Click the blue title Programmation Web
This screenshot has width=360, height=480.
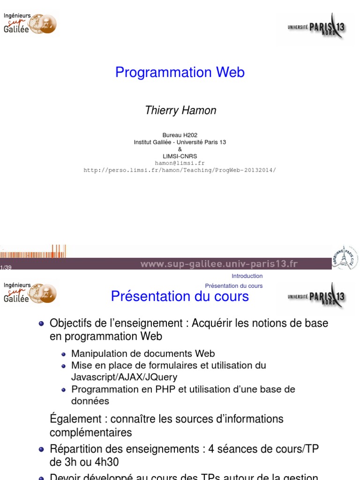(180, 72)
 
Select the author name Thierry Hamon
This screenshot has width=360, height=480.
(180, 110)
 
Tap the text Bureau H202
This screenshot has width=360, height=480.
(180, 135)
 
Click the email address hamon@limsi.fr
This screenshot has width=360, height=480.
(180, 163)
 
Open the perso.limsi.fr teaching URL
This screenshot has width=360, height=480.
(180, 170)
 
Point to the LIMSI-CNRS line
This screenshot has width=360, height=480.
(180, 156)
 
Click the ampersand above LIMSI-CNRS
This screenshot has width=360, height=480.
(180, 149)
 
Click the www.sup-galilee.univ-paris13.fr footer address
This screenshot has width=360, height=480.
(219, 264)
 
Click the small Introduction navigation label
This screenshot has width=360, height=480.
(247, 276)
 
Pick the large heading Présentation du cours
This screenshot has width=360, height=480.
(180, 296)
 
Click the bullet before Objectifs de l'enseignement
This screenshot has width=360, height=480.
(41, 323)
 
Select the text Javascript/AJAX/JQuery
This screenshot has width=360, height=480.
(124, 377)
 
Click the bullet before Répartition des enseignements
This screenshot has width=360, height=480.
(41, 450)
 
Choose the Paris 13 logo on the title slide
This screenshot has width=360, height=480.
(317, 27)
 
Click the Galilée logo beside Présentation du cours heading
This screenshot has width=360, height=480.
(30, 293)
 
